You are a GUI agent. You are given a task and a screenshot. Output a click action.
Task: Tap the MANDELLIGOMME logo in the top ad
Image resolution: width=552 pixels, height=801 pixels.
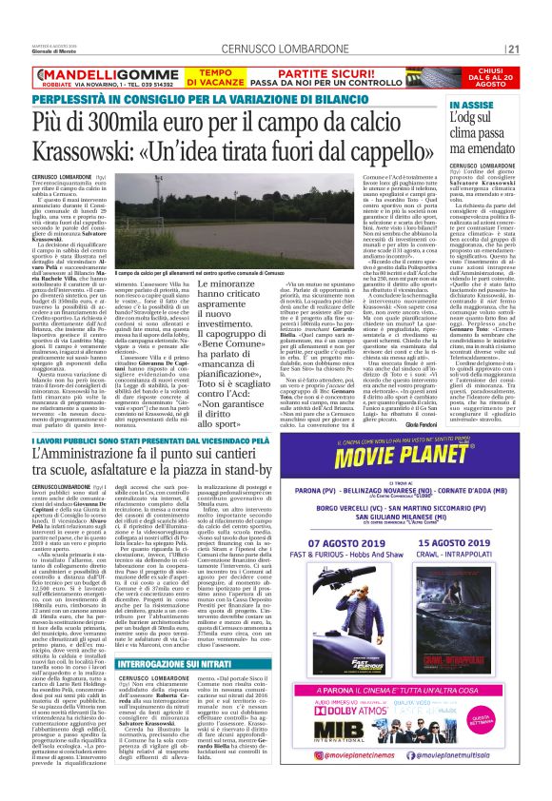91,71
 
